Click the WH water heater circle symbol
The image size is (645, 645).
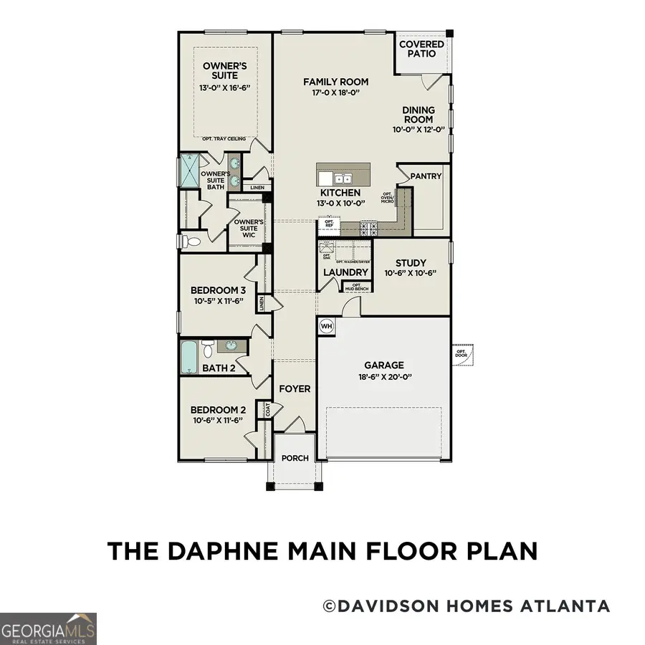pyautogui.click(x=327, y=325)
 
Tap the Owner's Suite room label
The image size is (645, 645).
pyautogui.click(x=220, y=70)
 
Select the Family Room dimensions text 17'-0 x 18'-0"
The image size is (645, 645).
pyautogui.click(x=330, y=93)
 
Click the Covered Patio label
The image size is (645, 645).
pyautogui.click(x=421, y=49)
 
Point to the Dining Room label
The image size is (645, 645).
pyautogui.click(x=419, y=115)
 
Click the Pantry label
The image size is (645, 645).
pyautogui.click(x=426, y=176)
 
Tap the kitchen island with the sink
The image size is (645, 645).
pyautogui.click(x=344, y=176)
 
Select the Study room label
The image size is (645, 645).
pyautogui.click(x=410, y=263)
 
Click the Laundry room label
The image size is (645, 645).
pyautogui.click(x=345, y=272)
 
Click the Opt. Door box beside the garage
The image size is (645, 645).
pyautogui.click(x=461, y=354)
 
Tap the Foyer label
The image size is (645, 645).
pyautogui.click(x=295, y=389)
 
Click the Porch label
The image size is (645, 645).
pyautogui.click(x=295, y=459)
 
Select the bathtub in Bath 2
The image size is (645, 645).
pyautogui.click(x=188, y=355)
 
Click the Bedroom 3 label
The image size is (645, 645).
pyautogui.click(x=218, y=290)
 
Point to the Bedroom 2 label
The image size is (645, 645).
pyautogui.click(x=218, y=410)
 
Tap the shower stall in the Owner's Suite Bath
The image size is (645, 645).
pyautogui.click(x=188, y=171)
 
